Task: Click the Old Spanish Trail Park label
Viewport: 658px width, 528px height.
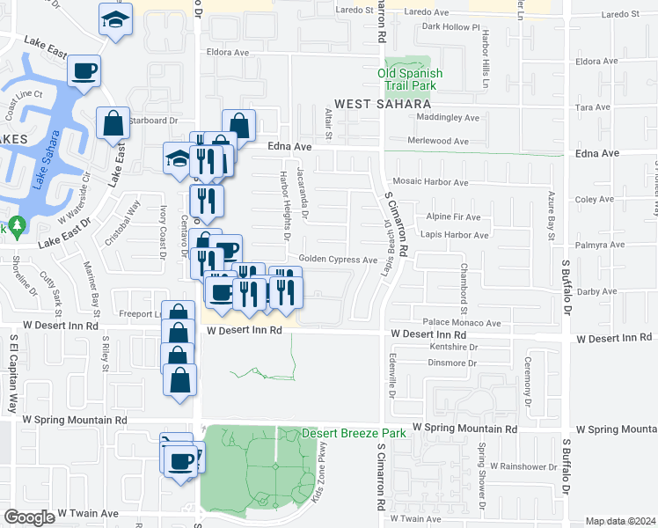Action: [x=410, y=78]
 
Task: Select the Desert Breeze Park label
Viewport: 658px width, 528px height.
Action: [x=355, y=433]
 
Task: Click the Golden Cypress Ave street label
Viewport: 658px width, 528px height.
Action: [x=338, y=260]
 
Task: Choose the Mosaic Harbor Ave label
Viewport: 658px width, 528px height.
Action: [x=436, y=182]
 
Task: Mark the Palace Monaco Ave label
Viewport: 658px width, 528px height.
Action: [x=461, y=323]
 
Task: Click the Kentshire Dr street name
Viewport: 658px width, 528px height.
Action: [x=448, y=348]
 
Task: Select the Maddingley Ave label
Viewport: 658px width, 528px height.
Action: [x=449, y=118]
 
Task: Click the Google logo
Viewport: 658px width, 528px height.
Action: [x=29, y=517]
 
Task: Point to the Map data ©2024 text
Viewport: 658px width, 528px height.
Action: [x=620, y=521]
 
